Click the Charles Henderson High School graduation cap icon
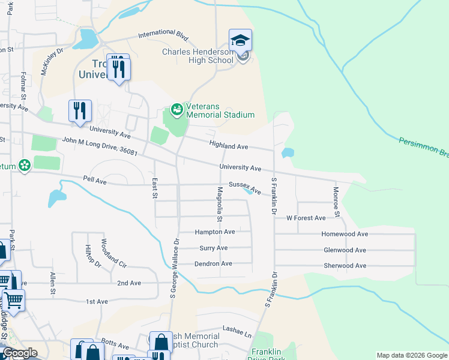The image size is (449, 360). [x=240, y=41]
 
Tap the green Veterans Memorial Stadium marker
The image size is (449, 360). [x=176, y=109]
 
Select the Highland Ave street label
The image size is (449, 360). [x=229, y=145]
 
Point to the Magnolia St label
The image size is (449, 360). [x=220, y=202]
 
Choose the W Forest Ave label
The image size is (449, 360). [x=306, y=218]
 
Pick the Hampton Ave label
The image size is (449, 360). [x=214, y=232]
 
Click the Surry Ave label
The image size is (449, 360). [x=213, y=248]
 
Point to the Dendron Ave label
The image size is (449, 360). [x=213, y=264]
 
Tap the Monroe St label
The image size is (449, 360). [x=337, y=202]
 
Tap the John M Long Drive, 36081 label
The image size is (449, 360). [x=100, y=148]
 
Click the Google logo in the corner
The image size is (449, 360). [x=19, y=353]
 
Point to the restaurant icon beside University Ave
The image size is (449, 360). [x=80, y=111]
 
